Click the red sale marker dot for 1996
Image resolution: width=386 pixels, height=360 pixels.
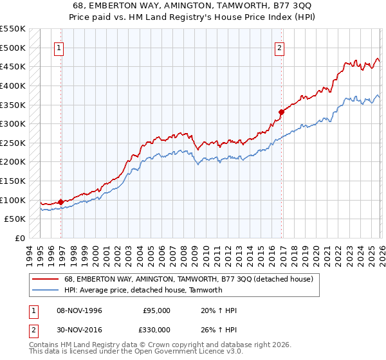[x=61, y=202]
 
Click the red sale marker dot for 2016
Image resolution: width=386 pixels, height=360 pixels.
[x=281, y=112]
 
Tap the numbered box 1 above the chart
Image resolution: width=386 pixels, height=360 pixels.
[x=59, y=47]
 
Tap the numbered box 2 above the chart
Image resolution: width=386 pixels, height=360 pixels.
[x=280, y=47]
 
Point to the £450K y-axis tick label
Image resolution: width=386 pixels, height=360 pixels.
[x=13, y=66]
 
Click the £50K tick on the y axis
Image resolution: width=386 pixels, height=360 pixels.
[x=15, y=219]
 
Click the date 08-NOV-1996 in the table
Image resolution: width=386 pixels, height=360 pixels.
[x=80, y=310]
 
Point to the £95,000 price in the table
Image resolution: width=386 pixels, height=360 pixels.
[x=156, y=310]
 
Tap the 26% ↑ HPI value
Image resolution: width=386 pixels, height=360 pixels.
[x=219, y=329]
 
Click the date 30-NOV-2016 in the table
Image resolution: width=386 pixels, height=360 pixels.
[x=80, y=329]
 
